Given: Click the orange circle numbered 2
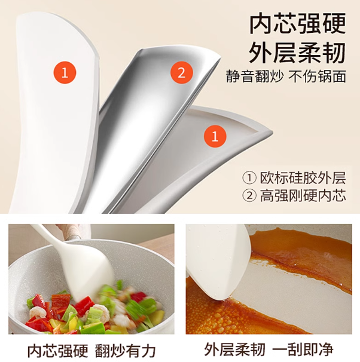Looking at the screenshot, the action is pyautogui.click(x=181, y=73).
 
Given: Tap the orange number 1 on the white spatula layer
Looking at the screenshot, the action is pyautogui.click(x=65, y=73).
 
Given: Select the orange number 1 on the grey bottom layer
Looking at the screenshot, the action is pyautogui.click(x=215, y=136).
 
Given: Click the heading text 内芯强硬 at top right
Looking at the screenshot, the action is pyautogui.click(x=298, y=23).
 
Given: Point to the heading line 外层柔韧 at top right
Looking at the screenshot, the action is pyautogui.click(x=298, y=53).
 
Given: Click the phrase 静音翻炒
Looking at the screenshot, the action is pyautogui.click(x=254, y=76).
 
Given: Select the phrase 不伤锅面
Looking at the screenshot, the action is pyautogui.click(x=317, y=76).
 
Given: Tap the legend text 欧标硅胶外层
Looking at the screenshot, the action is pyautogui.click(x=303, y=178).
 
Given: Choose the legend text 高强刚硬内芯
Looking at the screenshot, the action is pyautogui.click(x=303, y=196).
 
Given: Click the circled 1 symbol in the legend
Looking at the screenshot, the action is pyautogui.click(x=249, y=178).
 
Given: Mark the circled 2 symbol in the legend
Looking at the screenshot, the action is pyautogui.click(x=249, y=196).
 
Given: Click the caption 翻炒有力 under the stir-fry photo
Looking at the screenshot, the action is pyautogui.click(x=125, y=351).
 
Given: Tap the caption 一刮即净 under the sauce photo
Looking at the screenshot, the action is pyautogui.click(x=303, y=349).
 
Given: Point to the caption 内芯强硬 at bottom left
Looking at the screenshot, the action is pyautogui.click(x=58, y=351).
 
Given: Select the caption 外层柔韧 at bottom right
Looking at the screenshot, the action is pyautogui.click(x=235, y=349).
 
